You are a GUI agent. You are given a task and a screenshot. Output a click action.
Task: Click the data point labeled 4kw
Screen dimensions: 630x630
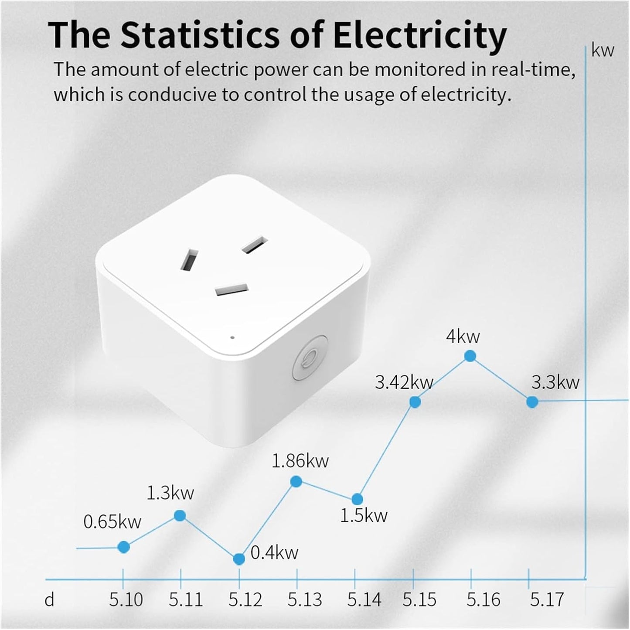(x=470, y=356)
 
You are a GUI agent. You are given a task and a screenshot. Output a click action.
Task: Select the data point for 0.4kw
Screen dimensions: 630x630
(x=239, y=559)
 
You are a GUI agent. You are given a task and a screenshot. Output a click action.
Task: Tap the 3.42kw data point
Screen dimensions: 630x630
(x=415, y=402)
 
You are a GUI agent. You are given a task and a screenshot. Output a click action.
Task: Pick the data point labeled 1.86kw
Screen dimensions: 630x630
(x=296, y=482)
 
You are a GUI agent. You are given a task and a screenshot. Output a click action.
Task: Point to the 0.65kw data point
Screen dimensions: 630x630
(x=124, y=547)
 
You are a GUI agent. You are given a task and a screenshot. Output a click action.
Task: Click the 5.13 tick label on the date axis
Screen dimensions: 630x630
(x=304, y=600)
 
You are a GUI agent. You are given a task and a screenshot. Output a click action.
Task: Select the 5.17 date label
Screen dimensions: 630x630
(x=547, y=600)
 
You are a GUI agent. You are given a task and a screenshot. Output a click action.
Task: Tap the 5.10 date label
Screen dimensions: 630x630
(x=126, y=600)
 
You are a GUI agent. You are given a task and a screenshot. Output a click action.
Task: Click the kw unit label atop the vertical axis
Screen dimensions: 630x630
(x=603, y=51)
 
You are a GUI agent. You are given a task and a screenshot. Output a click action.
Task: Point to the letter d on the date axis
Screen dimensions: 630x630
(x=50, y=600)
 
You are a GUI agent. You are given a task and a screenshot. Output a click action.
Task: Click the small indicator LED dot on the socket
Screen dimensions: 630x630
(x=232, y=337)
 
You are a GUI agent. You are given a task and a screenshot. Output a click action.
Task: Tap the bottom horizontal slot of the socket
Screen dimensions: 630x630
(x=232, y=289)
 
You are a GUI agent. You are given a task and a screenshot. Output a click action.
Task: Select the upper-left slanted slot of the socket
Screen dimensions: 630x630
(x=190, y=261)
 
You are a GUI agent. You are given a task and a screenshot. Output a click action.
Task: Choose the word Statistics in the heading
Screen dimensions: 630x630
(x=199, y=35)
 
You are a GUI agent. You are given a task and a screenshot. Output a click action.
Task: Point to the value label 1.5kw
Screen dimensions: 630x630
(x=364, y=516)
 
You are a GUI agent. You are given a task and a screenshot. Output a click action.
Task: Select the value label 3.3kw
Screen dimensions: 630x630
(x=555, y=382)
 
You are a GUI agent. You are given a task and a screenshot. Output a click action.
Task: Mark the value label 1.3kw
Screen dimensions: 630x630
(x=170, y=493)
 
